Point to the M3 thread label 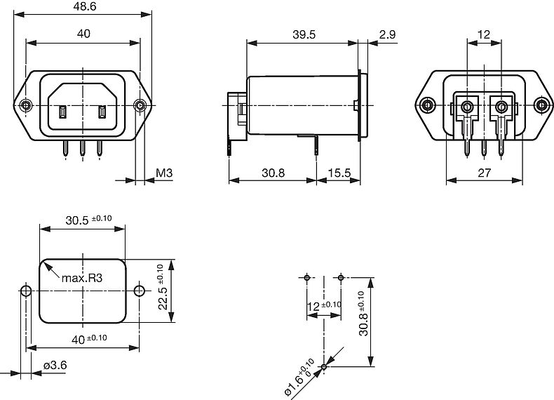point(164,173)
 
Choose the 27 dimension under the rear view point(483,173)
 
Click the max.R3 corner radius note point(82,279)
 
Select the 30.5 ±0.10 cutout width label point(88,220)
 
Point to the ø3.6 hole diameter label point(55,366)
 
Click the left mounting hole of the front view point(26,106)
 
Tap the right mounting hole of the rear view point(541,106)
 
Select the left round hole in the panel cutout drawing point(26,291)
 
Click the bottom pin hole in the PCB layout point(324,366)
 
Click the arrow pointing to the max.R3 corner point(51,267)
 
